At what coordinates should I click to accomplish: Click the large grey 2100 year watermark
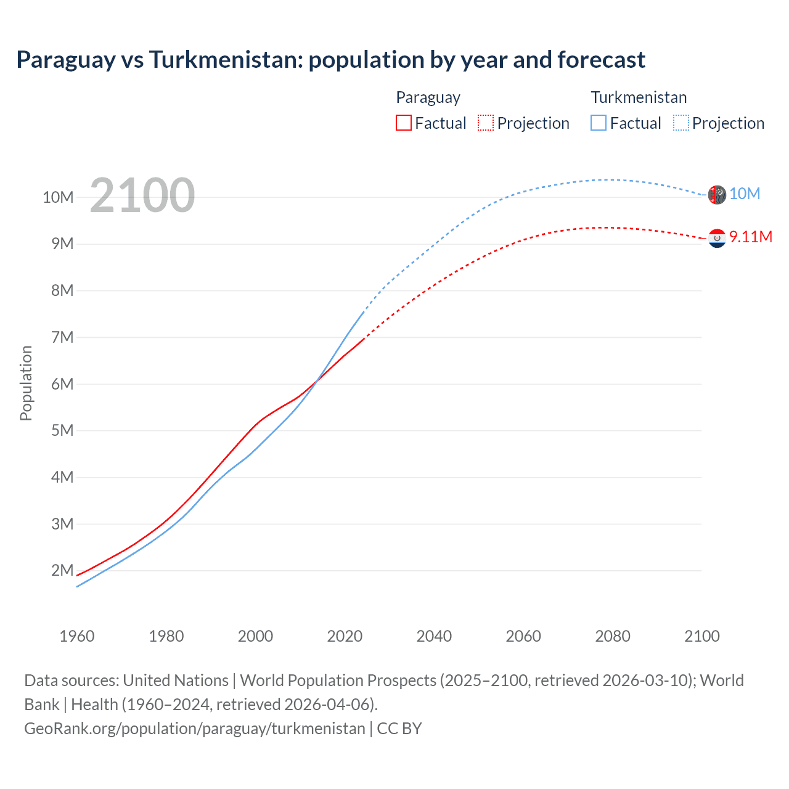(x=142, y=195)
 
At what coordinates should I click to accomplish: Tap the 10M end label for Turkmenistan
(x=744, y=194)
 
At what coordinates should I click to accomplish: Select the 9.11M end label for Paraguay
(x=750, y=237)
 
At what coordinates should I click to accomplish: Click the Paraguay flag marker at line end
(x=717, y=238)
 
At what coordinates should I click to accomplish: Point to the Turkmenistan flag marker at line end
(x=717, y=195)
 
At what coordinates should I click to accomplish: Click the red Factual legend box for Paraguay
(x=403, y=123)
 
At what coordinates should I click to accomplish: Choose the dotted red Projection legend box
(x=485, y=123)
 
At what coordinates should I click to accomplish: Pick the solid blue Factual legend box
(x=598, y=123)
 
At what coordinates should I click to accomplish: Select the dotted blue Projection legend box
(x=681, y=123)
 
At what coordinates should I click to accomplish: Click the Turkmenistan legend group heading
(x=639, y=97)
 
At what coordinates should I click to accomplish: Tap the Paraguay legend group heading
(x=428, y=97)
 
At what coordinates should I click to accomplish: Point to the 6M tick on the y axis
(x=62, y=384)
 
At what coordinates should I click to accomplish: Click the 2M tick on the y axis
(x=62, y=570)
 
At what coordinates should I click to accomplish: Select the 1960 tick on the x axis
(x=77, y=636)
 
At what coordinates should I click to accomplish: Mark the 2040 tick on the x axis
(x=434, y=636)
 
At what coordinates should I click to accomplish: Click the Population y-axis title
(x=26, y=383)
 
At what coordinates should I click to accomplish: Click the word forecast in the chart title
(x=601, y=60)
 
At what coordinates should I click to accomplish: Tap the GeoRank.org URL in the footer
(x=194, y=729)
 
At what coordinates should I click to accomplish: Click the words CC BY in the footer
(x=399, y=729)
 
